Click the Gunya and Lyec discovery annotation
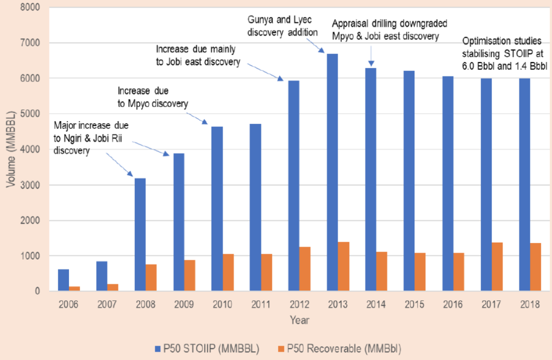click(282, 27)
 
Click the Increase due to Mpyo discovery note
click(153, 97)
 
